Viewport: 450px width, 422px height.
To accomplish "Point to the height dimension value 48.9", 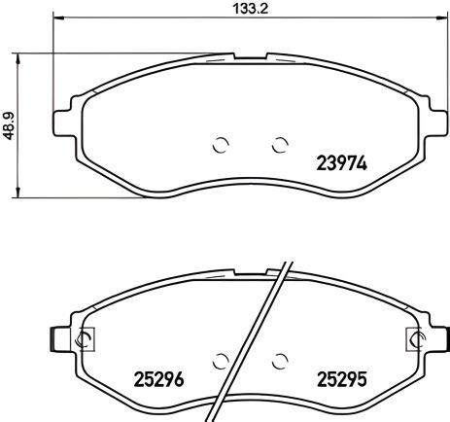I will click(x=10, y=124).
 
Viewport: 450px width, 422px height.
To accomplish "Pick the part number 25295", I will click(x=340, y=378).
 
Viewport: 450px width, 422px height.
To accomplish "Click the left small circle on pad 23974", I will click(x=220, y=146).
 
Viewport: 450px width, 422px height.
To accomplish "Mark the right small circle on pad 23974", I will click(x=281, y=146).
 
